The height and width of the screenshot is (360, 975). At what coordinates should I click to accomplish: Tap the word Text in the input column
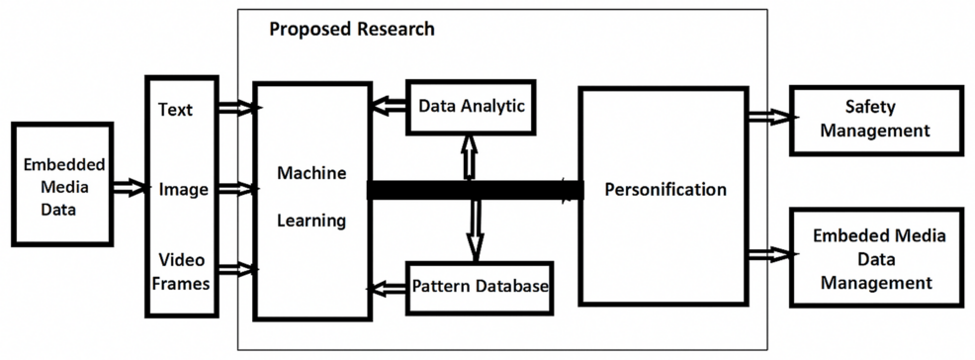175,109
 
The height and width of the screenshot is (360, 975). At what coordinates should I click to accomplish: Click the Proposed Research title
351,29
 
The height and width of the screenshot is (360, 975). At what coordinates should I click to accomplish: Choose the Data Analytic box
472,105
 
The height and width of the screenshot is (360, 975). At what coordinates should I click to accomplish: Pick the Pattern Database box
479,287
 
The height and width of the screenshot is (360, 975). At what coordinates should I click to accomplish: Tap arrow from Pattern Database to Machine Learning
388,287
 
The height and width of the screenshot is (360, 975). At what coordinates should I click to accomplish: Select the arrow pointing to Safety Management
769,117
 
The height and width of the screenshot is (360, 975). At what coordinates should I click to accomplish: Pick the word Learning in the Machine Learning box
310,220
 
